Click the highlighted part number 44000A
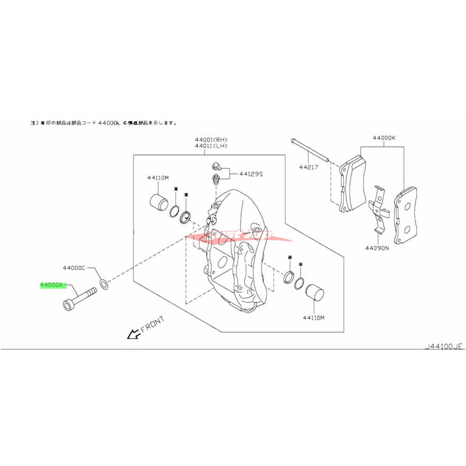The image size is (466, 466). (x=52, y=285)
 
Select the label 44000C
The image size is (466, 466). (x=75, y=268)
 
